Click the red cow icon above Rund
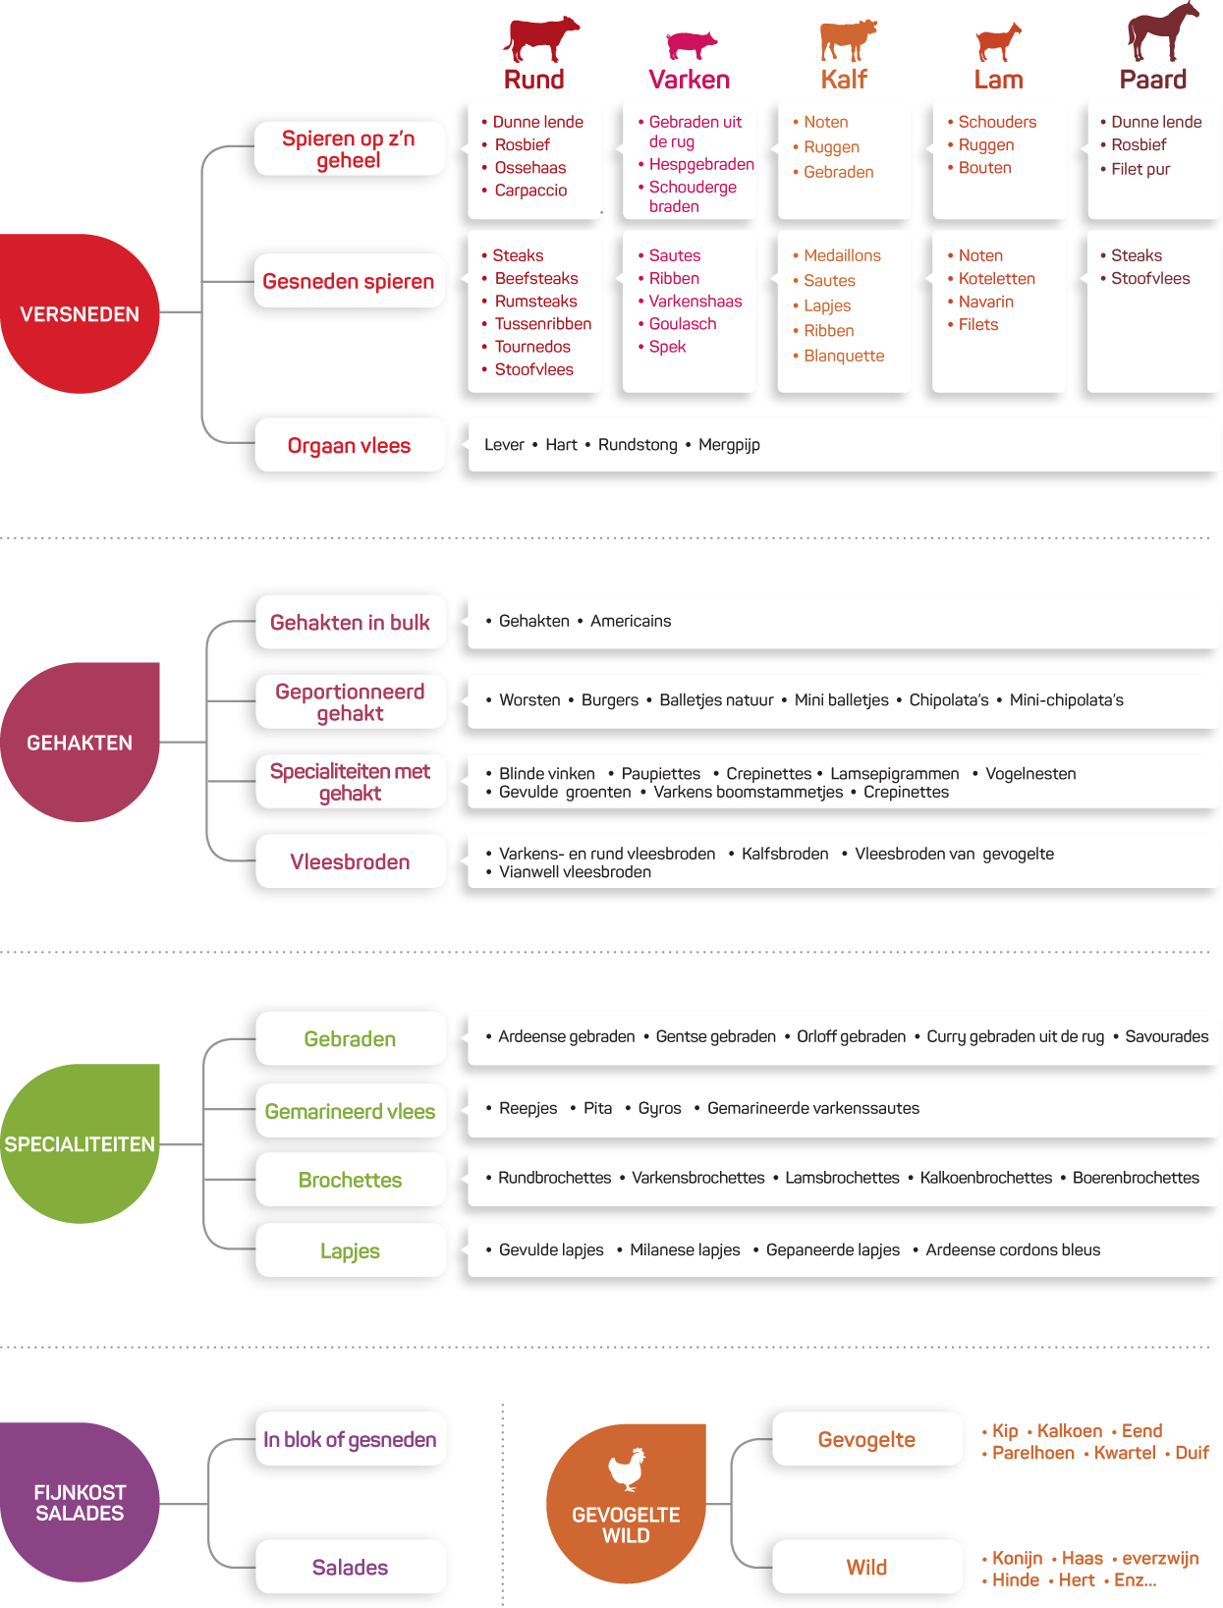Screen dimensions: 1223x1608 (x=539, y=38)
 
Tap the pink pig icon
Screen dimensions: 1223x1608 (x=691, y=44)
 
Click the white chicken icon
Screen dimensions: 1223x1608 (x=627, y=1469)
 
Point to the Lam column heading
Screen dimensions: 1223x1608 (x=998, y=80)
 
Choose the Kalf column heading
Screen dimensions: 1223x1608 (x=844, y=80)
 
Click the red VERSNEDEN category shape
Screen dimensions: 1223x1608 (x=80, y=313)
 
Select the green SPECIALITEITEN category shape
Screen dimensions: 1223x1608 (x=80, y=1142)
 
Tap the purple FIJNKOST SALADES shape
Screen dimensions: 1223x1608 (x=80, y=1502)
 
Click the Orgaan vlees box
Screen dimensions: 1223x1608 (x=350, y=445)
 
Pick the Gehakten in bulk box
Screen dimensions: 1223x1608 (x=350, y=622)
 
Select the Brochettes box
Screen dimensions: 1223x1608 (x=350, y=1180)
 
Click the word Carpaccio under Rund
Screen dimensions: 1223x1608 (x=530, y=191)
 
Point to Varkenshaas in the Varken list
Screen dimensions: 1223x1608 (x=695, y=302)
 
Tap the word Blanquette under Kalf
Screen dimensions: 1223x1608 (x=844, y=356)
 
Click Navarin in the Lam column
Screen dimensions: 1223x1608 (x=985, y=302)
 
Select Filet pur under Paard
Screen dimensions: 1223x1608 (x=1140, y=169)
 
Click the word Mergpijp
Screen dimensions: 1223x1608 (x=729, y=445)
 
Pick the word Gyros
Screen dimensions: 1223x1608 (x=659, y=1108)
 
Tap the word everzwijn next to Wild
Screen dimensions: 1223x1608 (x=1160, y=1558)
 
